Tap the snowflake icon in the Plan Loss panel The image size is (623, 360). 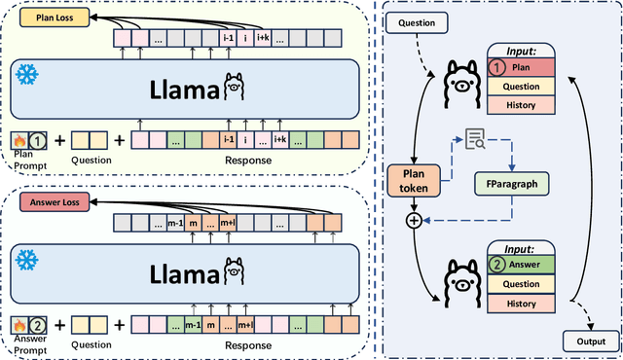28,72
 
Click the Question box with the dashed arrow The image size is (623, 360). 419,21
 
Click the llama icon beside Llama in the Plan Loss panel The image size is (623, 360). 233,89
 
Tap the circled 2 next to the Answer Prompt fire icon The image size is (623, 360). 36,325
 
